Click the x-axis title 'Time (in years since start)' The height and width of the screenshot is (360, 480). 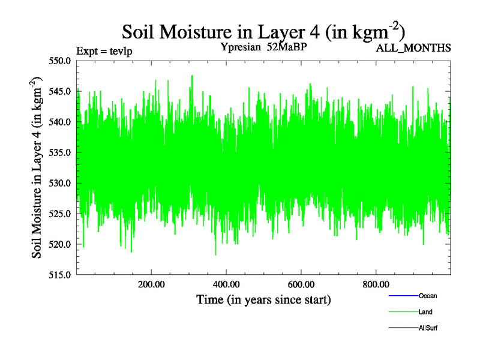tap(263, 299)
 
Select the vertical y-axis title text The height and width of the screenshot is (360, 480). tap(37, 167)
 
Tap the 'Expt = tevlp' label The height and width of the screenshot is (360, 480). tap(104, 51)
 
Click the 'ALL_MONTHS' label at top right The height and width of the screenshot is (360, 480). tap(413, 48)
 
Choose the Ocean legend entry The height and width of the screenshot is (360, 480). tap(428, 296)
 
